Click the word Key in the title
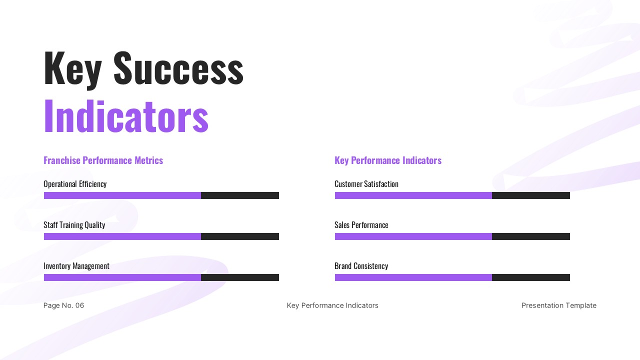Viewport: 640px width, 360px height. coord(72,68)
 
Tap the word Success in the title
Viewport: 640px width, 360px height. coord(178,68)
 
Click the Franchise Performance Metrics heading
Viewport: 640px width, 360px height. coord(103,160)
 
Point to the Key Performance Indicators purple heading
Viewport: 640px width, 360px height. coord(387,160)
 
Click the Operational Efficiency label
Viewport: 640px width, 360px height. coord(75,184)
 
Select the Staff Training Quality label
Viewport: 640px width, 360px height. coord(74,225)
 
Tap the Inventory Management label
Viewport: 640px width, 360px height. coord(76,266)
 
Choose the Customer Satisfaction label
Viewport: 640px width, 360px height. coord(366,184)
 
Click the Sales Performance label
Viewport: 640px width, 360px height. coord(361,225)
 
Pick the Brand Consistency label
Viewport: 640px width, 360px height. coord(361,266)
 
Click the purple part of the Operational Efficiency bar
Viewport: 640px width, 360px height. coord(122,195)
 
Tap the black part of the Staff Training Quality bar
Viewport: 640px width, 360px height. coord(240,236)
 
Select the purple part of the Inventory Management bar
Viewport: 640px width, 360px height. coord(122,277)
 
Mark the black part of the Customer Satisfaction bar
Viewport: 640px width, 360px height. coord(531,195)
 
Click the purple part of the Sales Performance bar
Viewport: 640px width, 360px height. coord(413,236)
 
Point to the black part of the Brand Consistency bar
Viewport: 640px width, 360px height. coord(531,277)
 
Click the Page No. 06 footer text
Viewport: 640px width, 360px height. coord(63,305)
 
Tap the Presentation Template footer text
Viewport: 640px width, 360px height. coord(558,305)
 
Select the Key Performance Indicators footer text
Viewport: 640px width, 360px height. coord(332,305)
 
